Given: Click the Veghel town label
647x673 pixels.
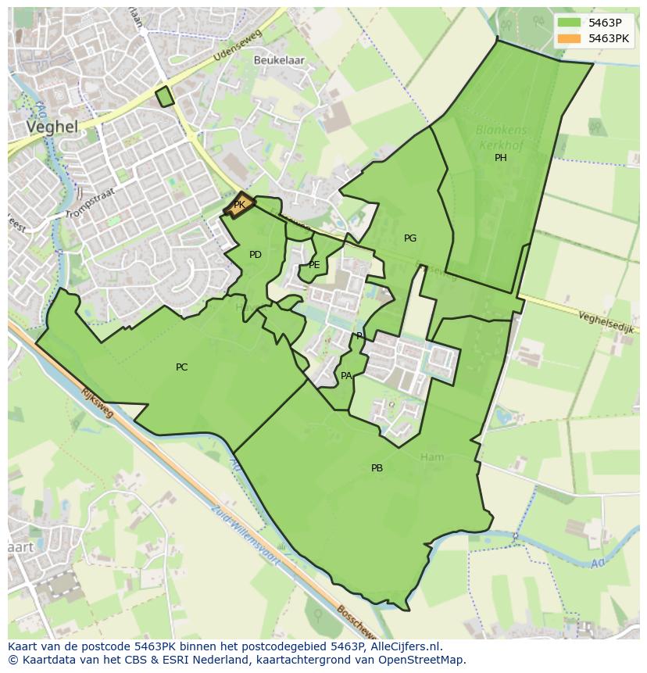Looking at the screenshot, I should click(52, 127).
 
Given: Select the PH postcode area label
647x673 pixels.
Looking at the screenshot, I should click(500, 158).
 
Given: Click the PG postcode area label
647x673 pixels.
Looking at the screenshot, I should click(409, 238).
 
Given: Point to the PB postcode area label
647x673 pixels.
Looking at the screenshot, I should click(377, 468).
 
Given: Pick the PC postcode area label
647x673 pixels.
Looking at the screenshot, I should click(181, 367).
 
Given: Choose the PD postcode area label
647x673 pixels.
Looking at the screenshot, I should click(255, 255).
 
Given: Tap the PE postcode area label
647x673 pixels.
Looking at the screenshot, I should click(314, 265).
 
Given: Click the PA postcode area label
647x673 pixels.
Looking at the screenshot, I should click(345, 376).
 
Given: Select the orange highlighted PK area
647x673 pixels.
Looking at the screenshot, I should click(239, 205).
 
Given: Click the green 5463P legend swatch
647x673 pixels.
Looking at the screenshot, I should click(570, 22).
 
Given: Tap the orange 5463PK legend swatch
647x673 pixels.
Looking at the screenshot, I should click(570, 38).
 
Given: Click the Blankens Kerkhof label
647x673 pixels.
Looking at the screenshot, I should click(501, 138).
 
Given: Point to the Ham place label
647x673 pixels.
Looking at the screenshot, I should click(431, 457).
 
